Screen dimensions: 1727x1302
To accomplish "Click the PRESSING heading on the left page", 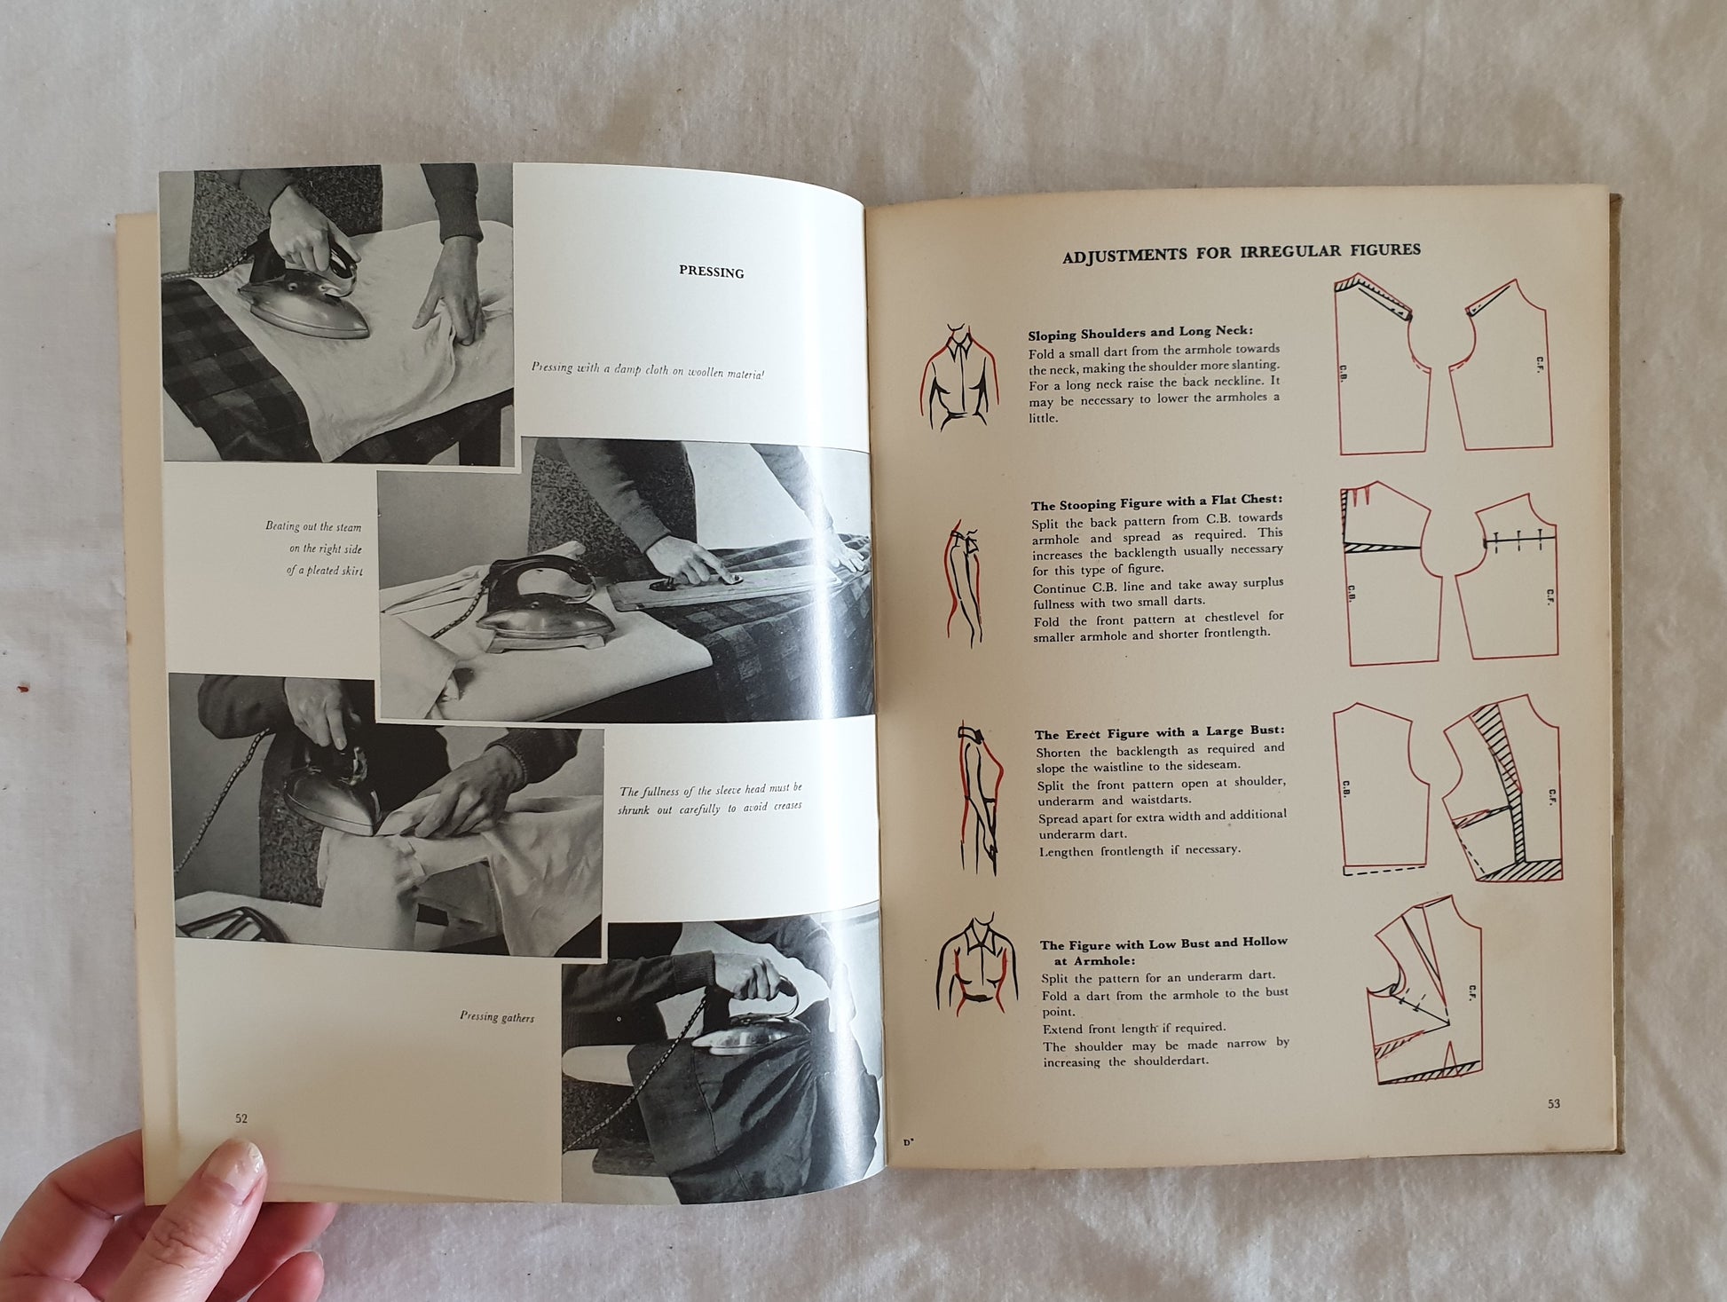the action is click(711, 272).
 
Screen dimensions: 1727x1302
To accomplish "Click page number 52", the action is click(241, 1118).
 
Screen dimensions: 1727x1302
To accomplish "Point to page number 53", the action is click(1553, 1104).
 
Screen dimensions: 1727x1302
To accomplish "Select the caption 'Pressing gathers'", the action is click(497, 1017).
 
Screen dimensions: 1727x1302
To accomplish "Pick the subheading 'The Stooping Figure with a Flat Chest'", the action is click(1156, 501).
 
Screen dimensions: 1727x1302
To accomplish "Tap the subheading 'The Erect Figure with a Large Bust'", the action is click(1159, 733).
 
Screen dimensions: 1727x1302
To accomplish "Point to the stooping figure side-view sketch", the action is click(963, 582).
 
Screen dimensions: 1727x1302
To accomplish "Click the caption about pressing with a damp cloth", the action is click(647, 370).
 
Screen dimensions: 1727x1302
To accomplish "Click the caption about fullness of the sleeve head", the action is click(710, 798).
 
